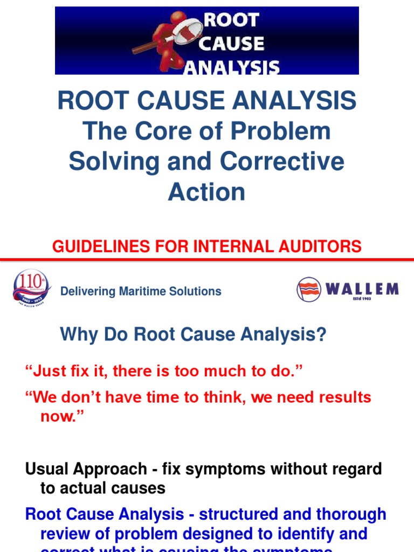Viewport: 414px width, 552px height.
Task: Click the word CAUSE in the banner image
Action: (232, 44)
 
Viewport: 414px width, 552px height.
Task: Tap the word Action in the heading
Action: (206, 191)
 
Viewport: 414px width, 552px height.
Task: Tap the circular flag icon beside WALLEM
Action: (309, 289)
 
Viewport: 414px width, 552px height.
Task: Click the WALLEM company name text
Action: (362, 289)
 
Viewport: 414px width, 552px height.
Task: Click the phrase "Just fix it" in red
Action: (64, 371)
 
